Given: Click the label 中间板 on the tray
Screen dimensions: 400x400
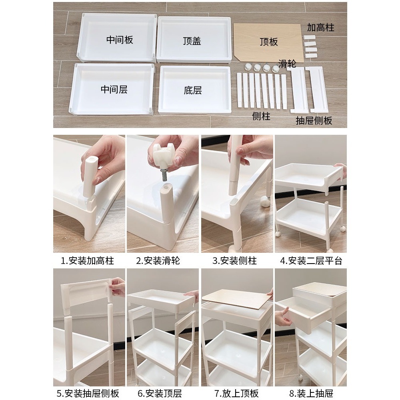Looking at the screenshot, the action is coord(120,40).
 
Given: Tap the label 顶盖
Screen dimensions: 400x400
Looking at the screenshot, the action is coord(192,41).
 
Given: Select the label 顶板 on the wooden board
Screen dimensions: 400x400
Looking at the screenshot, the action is coord(269,42).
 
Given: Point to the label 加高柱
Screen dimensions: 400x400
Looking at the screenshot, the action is coord(320,27).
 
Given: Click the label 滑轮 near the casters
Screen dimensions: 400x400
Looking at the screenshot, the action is coord(287,64).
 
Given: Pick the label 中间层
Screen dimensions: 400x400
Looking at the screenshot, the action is coord(114,89).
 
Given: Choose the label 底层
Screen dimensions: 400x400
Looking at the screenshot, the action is coord(193,90).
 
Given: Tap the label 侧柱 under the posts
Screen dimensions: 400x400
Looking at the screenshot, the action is coord(261,116).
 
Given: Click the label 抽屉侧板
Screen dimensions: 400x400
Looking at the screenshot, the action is coord(314,120).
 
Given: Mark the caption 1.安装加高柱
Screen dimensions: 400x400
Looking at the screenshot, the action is coord(87,261).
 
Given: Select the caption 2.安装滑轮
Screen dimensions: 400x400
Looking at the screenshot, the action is coord(158,261).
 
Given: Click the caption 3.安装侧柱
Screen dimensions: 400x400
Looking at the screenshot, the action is coord(234,261).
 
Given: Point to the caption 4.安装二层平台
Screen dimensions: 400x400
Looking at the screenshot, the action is coord(311,261).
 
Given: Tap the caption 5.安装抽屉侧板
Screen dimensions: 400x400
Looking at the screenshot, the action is coord(88,393).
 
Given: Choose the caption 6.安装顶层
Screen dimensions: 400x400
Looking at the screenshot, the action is coord(160,393).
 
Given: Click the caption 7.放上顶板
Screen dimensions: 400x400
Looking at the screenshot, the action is coord(236,393).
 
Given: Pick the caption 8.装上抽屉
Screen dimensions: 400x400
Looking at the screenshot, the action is coord(311,393).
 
